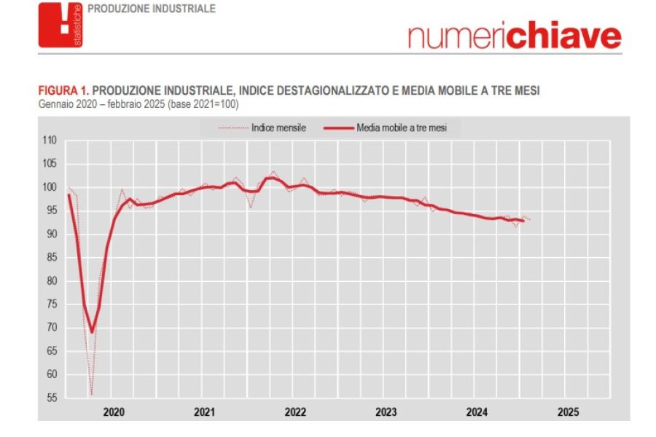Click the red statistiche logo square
(60, 25)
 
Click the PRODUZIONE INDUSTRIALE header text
(151, 9)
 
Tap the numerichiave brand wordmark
(515, 35)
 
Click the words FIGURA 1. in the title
(63, 91)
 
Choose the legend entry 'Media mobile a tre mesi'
(402, 127)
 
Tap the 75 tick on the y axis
(50, 304)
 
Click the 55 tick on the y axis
(50, 398)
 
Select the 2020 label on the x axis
(114, 412)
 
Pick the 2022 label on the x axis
(295, 412)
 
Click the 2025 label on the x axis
(568, 412)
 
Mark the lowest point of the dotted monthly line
(92, 395)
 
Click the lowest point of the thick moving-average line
(92, 331)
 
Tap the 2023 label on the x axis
(386, 412)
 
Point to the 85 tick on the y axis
(50, 258)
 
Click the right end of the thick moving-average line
(523, 221)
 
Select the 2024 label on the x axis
(477, 412)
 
